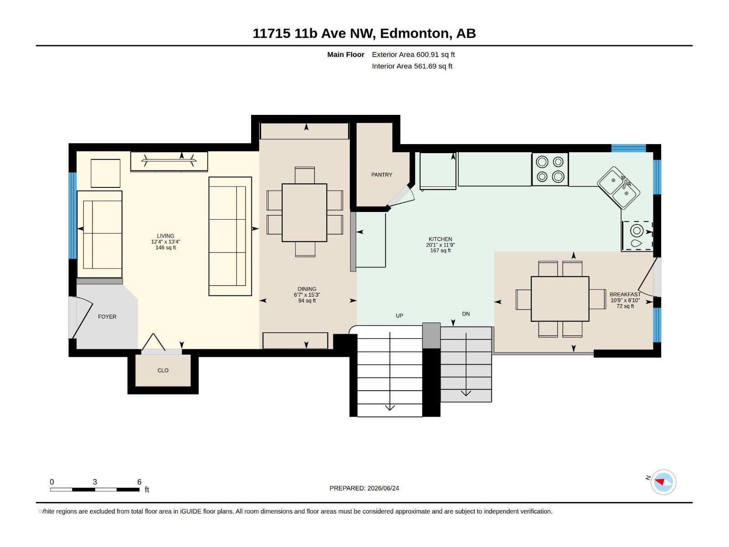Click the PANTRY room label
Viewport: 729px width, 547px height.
pos(382,175)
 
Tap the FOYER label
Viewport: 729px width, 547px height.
pos(107,317)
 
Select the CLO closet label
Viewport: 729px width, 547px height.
pos(163,370)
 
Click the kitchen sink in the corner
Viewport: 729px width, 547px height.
pos(618,188)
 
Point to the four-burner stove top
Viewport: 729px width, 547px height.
pos(550,170)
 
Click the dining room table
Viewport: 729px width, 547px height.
pos(304,212)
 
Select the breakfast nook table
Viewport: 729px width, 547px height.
pos(560,299)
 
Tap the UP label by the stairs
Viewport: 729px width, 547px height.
pos(399,316)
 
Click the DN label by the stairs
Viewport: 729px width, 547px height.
pos(466,314)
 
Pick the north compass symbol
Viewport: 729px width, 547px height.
pos(663,482)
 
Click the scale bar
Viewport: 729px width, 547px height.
pos(95,490)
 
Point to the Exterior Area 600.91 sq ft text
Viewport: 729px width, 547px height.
pos(413,54)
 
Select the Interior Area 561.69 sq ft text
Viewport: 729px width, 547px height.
pos(412,66)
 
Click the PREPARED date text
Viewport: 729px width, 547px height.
pos(364,488)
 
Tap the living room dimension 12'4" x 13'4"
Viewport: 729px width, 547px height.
pos(165,242)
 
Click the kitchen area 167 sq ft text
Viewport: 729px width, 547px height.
pos(441,251)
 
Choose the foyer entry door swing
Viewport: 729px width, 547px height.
pos(82,317)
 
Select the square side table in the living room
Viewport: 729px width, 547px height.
pos(106,173)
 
